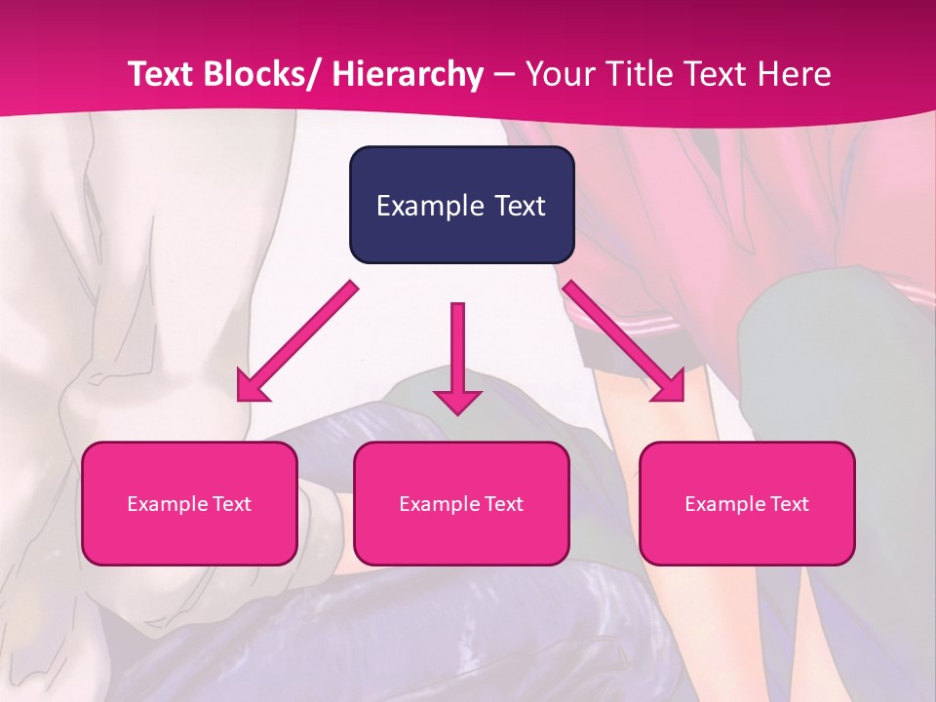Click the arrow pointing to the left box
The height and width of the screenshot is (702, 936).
click(297, 341)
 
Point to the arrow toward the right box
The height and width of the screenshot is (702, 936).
click(624, 341)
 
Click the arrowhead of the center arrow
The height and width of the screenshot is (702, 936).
click(457, 401)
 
